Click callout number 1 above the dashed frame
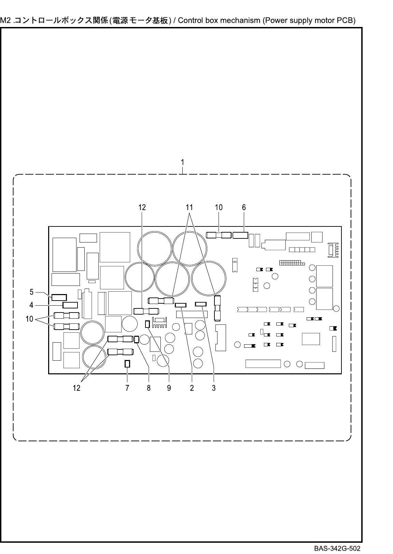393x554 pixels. pyautogui.click(x=183, y=162)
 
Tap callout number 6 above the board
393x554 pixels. pyautogui.click(x=244, y=207)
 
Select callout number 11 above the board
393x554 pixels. pyautogui.click(x=189, y=207)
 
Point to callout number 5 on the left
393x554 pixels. pyautogui.click(x=31, y=292)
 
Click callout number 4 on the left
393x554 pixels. pyautogui.click(x=31, y=305)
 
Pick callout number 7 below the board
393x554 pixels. pyautogui.click(x=127, y=388)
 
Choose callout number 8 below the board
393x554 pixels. pyautogui.click(x=149, y=388)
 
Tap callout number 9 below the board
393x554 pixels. pyautogui.click(x=169, y=388)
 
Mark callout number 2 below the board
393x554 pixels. pyautogui.click(x=192, y=388)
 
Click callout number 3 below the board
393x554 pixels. pyautogui.click(x=214, y=388)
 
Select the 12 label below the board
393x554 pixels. pyautogui.click(x=76, y=388)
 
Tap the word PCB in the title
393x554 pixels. pyautogui.click(x=345, y=20)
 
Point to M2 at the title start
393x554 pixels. pyautogui.click(x=6, y=20)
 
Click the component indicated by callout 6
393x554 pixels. pyautogui.click(x=240, y=235)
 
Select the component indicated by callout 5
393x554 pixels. pyautogui.click(x=59, y=297)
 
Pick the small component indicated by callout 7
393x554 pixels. pyautogui.click(x=127, y=364)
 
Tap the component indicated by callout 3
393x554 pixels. pyautogui.click(x=201, y=304)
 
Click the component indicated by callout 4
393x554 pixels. pyautogui.click(x=70, y=305)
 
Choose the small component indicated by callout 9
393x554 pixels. pyautogui.click(x=148, y=324)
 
